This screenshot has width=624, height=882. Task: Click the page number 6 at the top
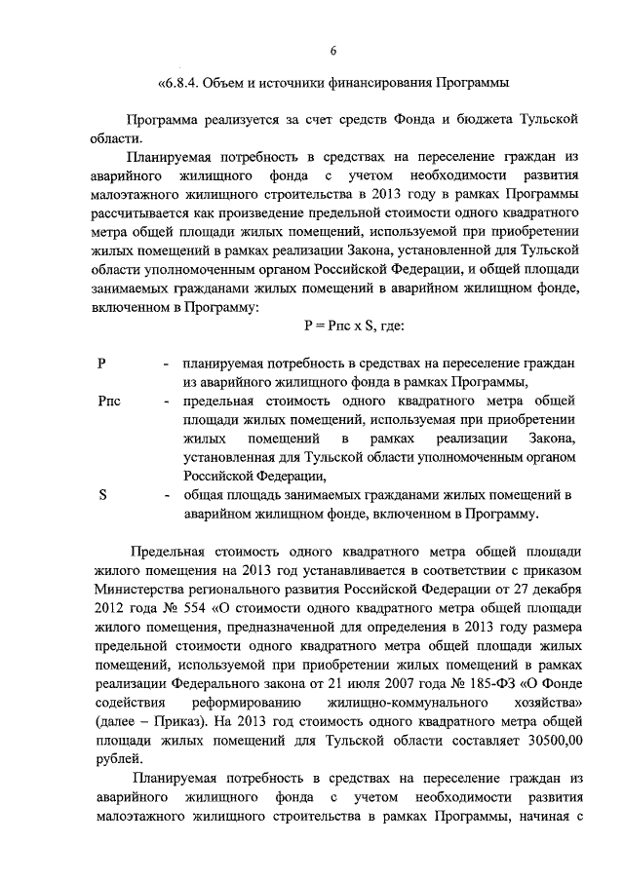(x=333, y=52)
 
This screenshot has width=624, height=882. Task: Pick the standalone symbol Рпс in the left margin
(x=109, y=402)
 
